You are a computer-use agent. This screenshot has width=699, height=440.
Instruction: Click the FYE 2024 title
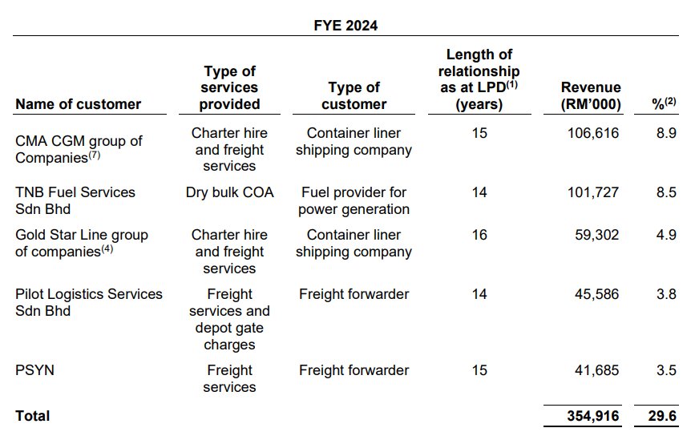[345, 26]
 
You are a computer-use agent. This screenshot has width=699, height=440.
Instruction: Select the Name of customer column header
[78, 104]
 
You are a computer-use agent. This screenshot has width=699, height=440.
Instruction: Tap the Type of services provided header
[229, 88]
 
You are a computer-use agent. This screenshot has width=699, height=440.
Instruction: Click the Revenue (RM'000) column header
[591, 95]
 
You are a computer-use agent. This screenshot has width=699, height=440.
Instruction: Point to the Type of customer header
[354, 95]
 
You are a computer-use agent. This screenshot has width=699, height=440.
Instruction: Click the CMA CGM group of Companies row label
[79, 149]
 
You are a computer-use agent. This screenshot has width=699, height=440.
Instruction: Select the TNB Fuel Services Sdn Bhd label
[75, 200]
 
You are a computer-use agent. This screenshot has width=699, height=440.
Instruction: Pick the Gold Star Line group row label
[82, 243]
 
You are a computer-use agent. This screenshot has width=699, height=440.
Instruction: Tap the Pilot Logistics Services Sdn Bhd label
[88, 302]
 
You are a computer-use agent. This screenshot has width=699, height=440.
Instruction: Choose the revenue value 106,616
[592, 133]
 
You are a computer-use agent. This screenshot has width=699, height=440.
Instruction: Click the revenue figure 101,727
[592, 192]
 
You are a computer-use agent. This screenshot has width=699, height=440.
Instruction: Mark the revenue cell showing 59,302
[596, 235]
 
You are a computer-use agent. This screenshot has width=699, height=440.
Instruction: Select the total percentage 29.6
[661, 415]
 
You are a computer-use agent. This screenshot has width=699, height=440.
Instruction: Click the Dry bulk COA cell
[229, 192]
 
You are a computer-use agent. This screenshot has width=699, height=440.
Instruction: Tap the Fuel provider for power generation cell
[354, 200]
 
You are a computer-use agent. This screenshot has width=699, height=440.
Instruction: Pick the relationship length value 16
[479, 235]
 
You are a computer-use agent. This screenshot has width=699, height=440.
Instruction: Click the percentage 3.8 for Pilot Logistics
[666, 294]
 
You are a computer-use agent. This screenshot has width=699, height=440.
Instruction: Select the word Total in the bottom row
[32, 416]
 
